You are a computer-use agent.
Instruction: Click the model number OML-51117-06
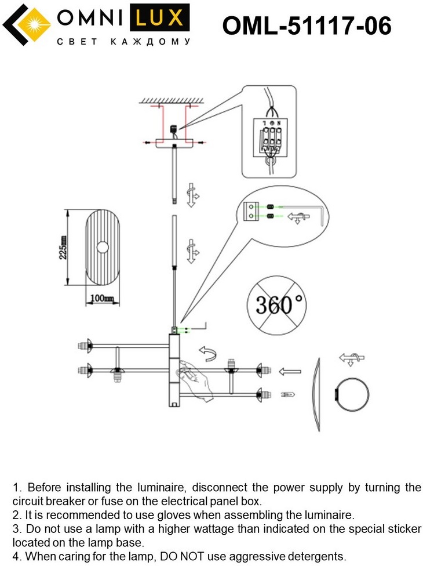pyautogui.click(x=307, y=26)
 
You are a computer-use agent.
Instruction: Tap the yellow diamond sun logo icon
pyautogui.click(x=24, y=25)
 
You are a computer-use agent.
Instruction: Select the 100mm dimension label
pyautogui.click(x=103, y=299)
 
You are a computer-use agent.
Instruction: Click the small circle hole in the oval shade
pyautogui.click(x=103, y=248)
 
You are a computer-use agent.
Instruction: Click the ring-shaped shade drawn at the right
pyautogui.click(x=352, y=395)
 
